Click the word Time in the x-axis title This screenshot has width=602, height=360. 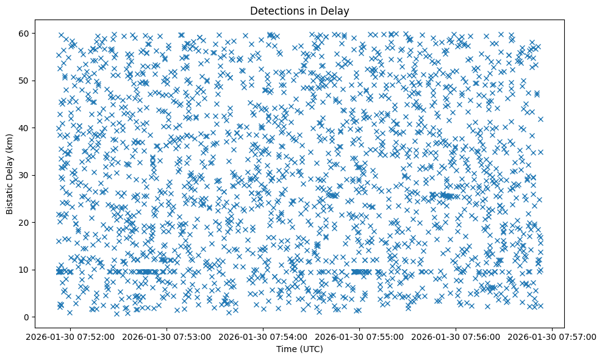point(287,349)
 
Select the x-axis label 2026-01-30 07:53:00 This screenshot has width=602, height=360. point(167,336)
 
